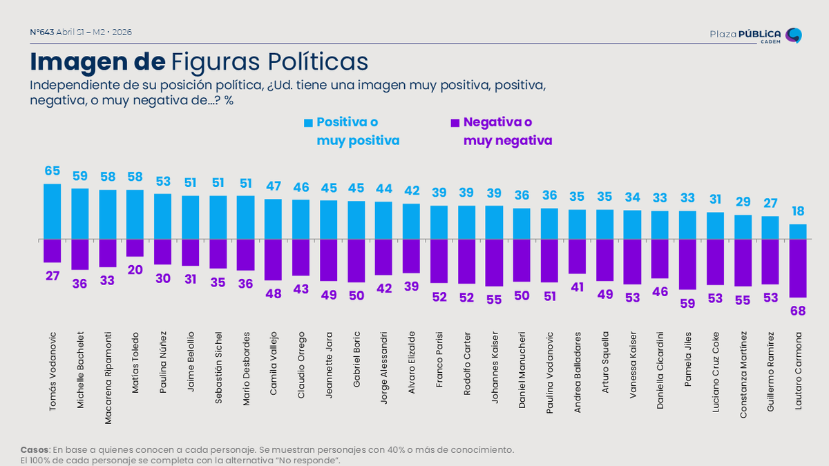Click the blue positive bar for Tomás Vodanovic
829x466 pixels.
pyautogui.click(x=52, y=211)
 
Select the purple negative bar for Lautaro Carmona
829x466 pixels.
pyautogui.click(x=797, y=268)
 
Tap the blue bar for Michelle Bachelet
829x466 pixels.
pyautogui.click(x=79, y=213)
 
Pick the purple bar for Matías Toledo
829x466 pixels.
pyautogui.click(x=135, y=248)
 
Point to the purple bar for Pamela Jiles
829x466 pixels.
pyautogui.click(x=687, y=264)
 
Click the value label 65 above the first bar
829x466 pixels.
pyautogui.click(x=52, y=171)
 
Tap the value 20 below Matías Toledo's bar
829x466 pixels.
pyautogui.click(x=135, y=269)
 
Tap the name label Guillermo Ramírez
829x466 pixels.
pyautogui.click(x=770, y=373)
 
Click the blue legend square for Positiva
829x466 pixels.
pyautogui.click(x=308, y=123)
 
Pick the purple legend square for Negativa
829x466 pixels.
pyautogui.click(x=455, y=123)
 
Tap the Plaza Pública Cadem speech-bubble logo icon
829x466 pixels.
pyautogui.click(x=794, y=35)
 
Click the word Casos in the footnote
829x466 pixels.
pyautogui.click(x=35, y=449)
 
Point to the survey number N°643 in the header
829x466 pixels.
pyautogui.click(x=42, y=32)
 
